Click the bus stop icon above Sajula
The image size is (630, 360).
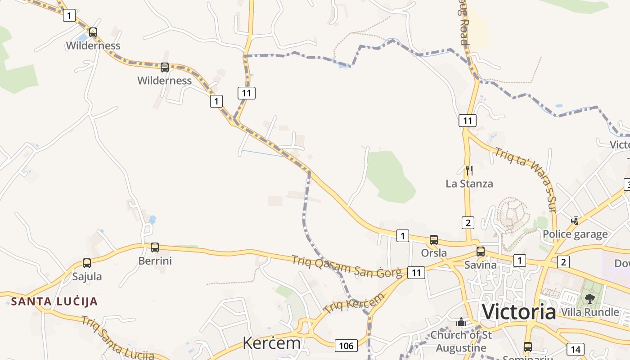pyautogui.click(x=87, y=263)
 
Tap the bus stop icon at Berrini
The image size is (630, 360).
pyautogui.click(x=155, y=247)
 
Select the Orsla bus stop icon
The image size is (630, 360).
pyautogui.click(x=434, y=240)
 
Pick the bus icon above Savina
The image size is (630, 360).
pyautogui.click(x=481, y=252)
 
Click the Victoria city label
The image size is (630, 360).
pyautogui.click(x=519, y=312)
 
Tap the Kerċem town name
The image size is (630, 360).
pyautogui.click(x=271, y=343)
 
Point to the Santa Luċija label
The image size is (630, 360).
pyautogui.click(x=54, y=301)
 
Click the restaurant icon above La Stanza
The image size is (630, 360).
pyautogui.click(x=469, y=170)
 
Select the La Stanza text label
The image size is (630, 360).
pyautogui.click(x=469, y=184)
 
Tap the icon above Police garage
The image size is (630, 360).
pyautogui.click(x=575, y=221)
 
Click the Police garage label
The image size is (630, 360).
pyautogui.click(x=575, y=234)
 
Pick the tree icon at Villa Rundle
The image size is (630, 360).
pyautogui.click(x=589, y=298)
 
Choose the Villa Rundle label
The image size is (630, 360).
pyautogui.click(x=589, y=312)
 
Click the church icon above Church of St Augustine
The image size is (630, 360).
pyautogui.click(x=461, y=322)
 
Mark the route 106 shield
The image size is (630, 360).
pyautogui.click(x=346, y=346)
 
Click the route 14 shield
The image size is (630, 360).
pyautogui.click(x=575, y=349)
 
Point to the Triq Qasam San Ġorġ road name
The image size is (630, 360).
pyautogui.click(x=346, y=266)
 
